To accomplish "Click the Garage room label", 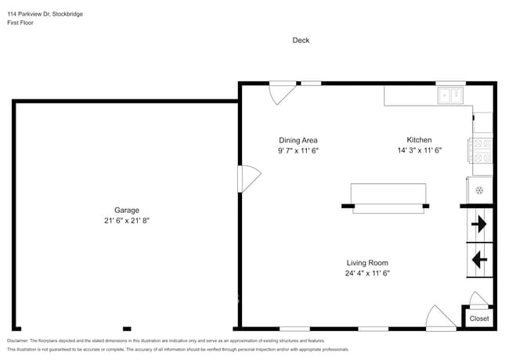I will coord(127,210).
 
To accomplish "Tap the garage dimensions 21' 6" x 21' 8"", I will coord(127,221).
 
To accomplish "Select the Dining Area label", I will coord(298,139).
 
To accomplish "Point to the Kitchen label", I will coord(419,139).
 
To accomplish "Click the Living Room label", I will coord(367,263).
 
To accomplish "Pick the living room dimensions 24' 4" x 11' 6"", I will coord(367,273).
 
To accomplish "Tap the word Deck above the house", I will coord(301,40).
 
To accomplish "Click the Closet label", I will coord(478,319).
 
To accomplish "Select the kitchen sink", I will coord(450,95).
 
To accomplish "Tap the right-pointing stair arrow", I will coord(478,225).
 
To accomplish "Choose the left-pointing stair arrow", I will coord(478,257).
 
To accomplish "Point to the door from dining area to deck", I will coord(281,93).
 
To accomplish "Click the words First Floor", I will coord(22,23).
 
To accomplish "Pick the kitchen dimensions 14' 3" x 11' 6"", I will coord(419,150).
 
